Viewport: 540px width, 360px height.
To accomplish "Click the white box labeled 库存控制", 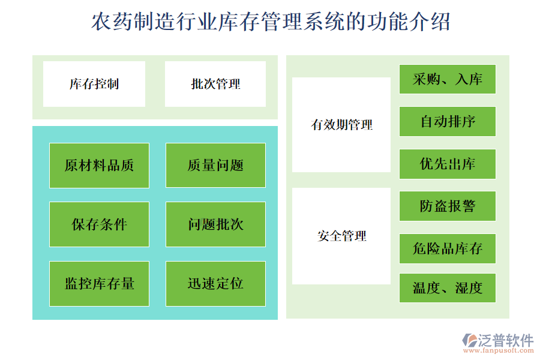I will pyautogui.click(x=94, y=84).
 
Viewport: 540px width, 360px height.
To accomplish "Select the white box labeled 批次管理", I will pyautogui.click(x=215, y=84).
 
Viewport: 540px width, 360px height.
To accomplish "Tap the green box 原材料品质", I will pyautogui.click(x=99, y=165).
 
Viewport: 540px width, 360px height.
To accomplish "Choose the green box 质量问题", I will pyautogui.click(x=215, y=165).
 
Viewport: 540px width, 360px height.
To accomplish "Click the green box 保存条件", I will pyautogui.click(x=99, y=224).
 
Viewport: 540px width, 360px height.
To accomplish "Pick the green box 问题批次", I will pyautogui.click(x=215, y=224).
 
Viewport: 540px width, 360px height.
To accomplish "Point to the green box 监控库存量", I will pyautogui.click(x=99, y=283).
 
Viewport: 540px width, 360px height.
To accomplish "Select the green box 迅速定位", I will pyautogui.click(x=215, y=283).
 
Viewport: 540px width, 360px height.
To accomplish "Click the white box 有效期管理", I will pyautogui.click(x=341, y=125).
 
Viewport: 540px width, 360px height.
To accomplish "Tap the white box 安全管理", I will pyautogui.click(x=341, y=236).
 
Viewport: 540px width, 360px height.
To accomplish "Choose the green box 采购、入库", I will pyautogui.click(x=448, y=79).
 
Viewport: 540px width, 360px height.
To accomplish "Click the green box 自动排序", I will pyautogui.click(x=448, y=122).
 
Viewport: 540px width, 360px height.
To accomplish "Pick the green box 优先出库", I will pyautogui.click(x=448, y=164).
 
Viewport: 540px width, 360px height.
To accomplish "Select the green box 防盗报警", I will pyautogui.click(x=448, y=206).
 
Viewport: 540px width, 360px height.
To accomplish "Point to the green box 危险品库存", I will pyautogui.click(x=448, y=248).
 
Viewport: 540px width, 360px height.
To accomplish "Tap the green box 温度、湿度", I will pyautogui.click(x=448, y=288).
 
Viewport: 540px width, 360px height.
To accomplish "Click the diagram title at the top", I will pyautogui.click(x=270, y=23).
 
